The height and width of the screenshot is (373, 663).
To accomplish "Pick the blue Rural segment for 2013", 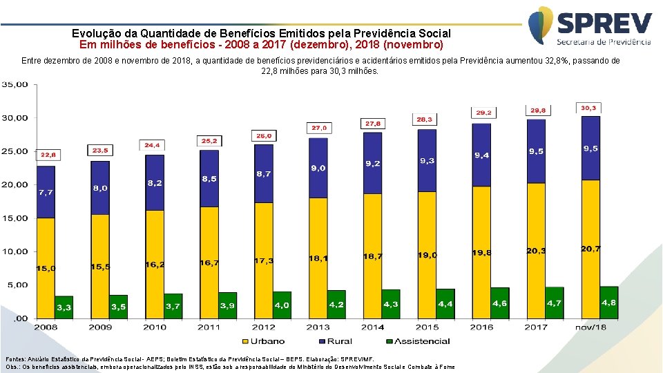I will coord(318,168).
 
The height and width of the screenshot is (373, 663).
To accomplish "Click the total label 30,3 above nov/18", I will coord(588,108).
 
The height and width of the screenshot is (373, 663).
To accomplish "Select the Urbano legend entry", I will coord(262,341).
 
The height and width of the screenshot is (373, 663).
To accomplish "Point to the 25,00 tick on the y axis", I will coord(14,151).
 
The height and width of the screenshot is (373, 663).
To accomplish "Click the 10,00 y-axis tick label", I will coord(14,251).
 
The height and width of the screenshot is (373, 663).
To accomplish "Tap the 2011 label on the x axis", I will coord(209,327).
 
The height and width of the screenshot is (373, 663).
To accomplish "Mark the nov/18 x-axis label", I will coord(590,327).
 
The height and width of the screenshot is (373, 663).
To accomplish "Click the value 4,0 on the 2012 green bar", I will coord(282,305).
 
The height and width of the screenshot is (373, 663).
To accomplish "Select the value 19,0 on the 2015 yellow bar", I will coord(427,255).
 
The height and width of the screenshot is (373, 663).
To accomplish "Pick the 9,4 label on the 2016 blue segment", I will coord(482,155).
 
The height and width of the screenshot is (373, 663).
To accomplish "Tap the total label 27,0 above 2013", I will coord(319,128).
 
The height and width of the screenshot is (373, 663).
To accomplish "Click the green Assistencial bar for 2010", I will coord(173,305).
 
